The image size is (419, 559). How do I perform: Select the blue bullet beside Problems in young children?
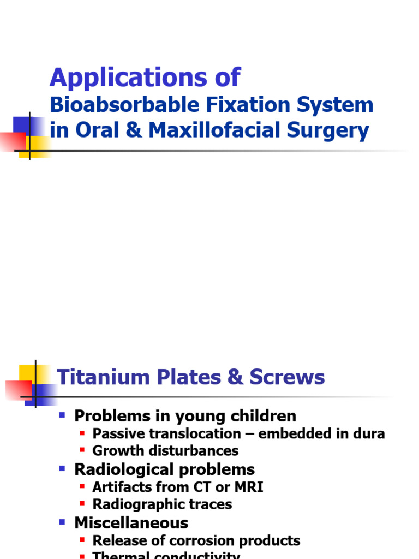(x=62, y=415)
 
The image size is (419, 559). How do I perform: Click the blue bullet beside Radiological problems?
(x=62, y=468)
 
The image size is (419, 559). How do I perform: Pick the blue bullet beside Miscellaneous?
(x=62, y=522)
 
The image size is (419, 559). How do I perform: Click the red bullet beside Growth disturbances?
(x=82, y=450)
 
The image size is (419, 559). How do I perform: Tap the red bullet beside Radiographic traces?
(x=82, y=504)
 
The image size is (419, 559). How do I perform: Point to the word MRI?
(x=248, y=487)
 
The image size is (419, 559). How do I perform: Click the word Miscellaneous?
(x=131, y=522)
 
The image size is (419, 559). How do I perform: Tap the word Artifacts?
(x=119, y=487)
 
